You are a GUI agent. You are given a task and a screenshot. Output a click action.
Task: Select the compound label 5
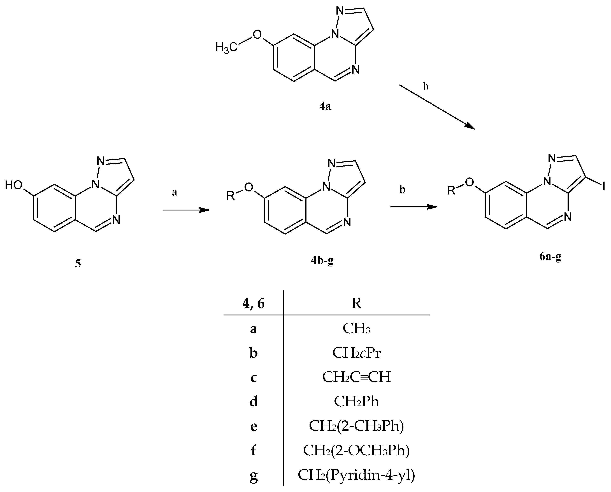(x=78, y=264)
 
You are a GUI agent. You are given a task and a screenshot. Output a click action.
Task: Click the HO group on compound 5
(x=14, y=186)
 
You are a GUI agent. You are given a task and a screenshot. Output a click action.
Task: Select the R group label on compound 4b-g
(x=231, y=196)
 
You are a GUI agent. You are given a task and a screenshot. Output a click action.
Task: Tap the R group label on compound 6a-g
(x=451, y=190)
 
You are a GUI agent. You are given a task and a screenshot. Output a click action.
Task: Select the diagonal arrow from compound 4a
(x=437, y=107)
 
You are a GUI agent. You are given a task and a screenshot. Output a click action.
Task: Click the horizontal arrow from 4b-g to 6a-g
(x=413, y=207)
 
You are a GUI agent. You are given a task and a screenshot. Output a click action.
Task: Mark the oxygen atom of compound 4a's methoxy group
(x=257, y=35)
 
